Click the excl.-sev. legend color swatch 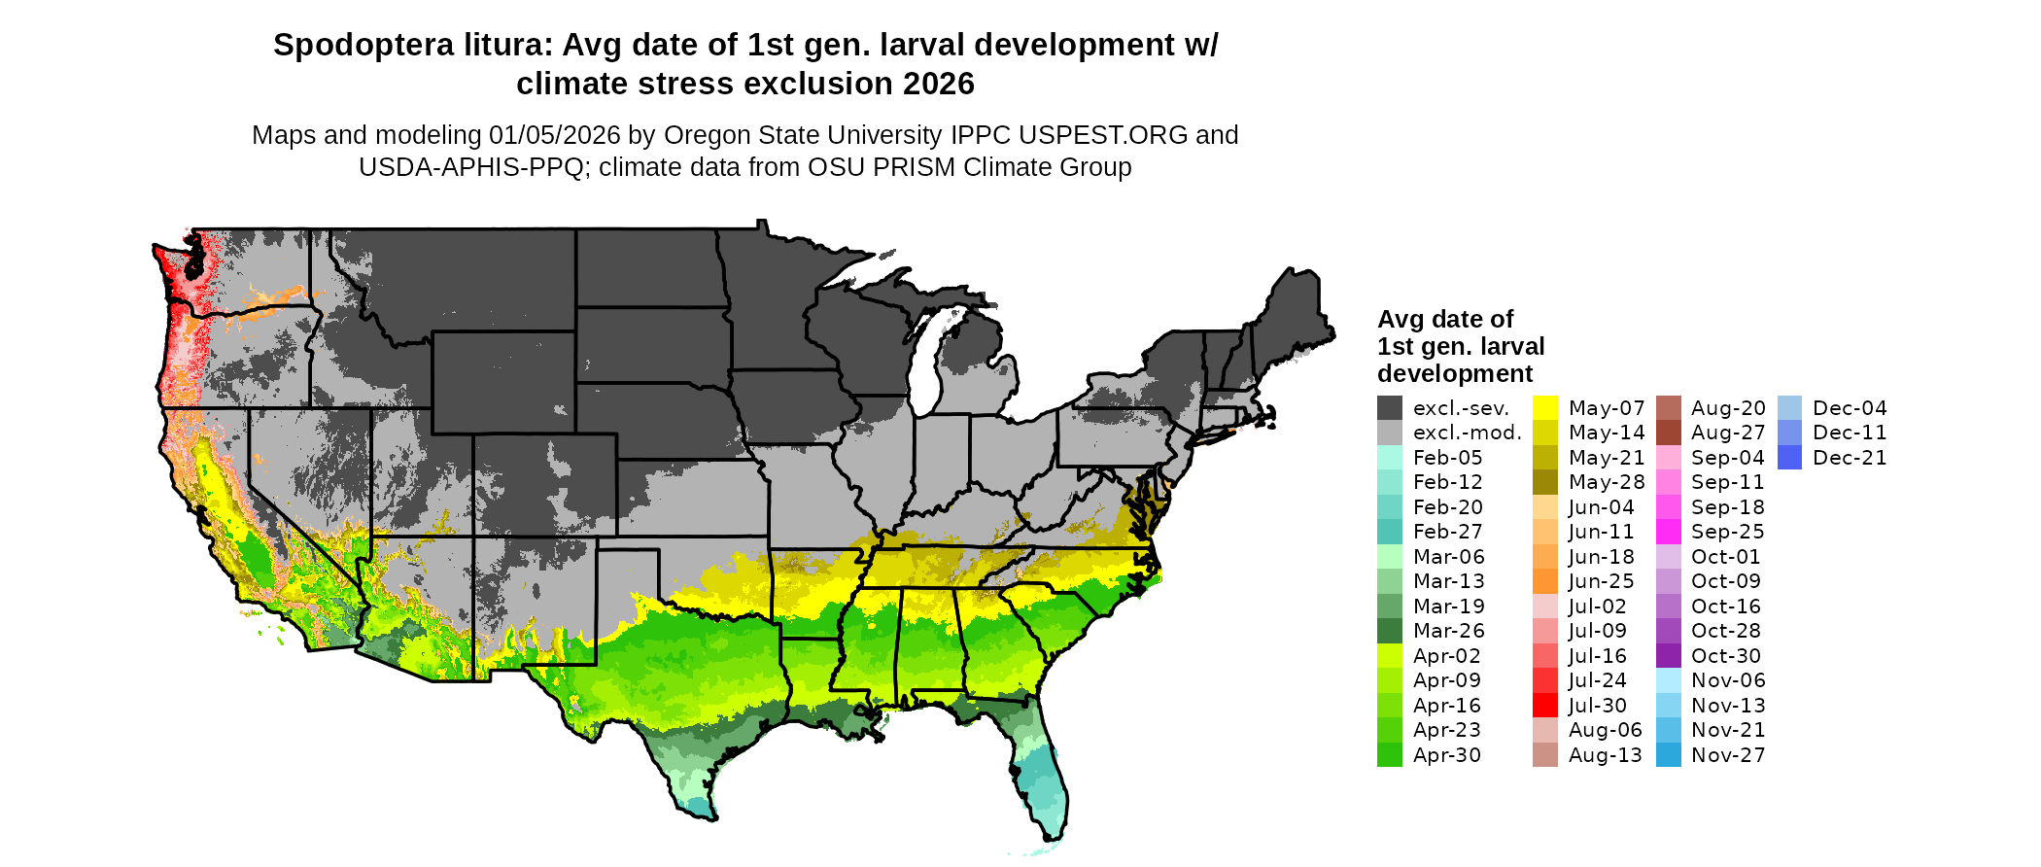pos(1390,408)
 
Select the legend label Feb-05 pos(1447,458)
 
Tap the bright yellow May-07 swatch pos(1545,408)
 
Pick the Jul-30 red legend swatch pos(1545,706)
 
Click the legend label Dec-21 pos(1850,458)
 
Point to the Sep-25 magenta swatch pos(1668,532)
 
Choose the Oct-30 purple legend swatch pos(1668,656)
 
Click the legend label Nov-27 pos(1728,755)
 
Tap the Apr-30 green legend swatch pos(1390,755)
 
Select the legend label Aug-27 pos(1728,433)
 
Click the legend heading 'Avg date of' pos(1445,320)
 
